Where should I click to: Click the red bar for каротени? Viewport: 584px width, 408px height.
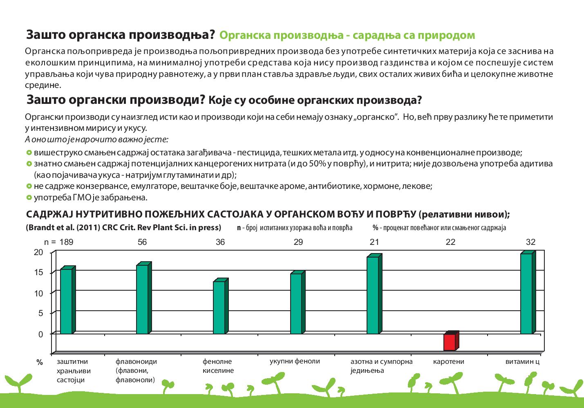(451, 341)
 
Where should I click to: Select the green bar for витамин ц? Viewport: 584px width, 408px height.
(528, 292)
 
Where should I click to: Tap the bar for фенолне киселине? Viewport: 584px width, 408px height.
(221, 306)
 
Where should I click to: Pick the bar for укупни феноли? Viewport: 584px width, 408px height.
(298, 303)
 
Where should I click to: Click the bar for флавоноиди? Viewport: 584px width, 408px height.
(144, 298)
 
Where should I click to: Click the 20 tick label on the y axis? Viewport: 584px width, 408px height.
(38, 252)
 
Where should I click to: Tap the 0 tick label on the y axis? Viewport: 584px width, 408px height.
(41, 334)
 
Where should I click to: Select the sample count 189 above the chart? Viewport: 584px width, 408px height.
(66, 242)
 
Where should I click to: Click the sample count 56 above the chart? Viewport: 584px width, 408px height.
(142, 242)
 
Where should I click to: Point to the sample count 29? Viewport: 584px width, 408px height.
(298, 242)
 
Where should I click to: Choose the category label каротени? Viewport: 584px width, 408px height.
(448, 361)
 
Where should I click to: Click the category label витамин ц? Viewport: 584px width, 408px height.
(522, 361)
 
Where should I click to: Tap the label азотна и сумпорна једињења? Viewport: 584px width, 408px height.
(381, 366)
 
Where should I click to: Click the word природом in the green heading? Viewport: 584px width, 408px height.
(447, 36)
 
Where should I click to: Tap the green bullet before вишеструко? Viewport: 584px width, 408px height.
(29, 152)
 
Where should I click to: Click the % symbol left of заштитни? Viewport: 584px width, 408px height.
(40, 362)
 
